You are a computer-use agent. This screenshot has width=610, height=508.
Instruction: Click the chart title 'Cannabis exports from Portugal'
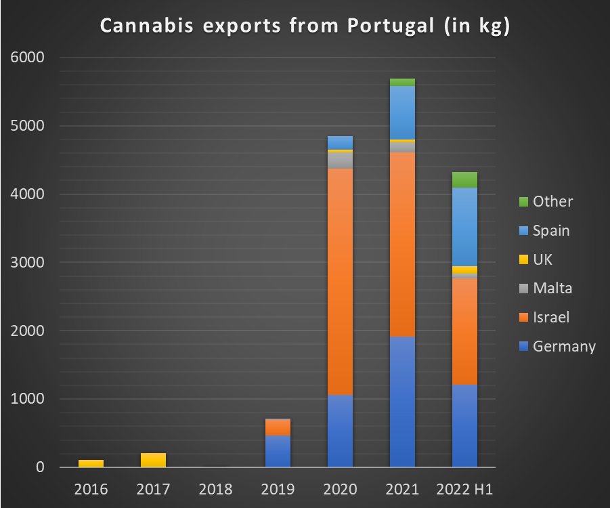click(305, 26)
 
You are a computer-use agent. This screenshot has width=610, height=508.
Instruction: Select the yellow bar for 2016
click(91, 463)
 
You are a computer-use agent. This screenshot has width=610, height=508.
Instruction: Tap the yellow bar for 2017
click(153, 460)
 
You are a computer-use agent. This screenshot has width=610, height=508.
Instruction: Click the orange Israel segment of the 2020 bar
click(340, 281)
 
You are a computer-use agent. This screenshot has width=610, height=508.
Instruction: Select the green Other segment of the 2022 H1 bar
click(464, 179)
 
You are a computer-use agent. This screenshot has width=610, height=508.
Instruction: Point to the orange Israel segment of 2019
click(278, 427)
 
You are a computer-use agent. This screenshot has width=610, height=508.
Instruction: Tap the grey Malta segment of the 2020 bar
click(340, 161)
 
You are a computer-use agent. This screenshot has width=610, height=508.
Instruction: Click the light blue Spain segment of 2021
click(402, 112)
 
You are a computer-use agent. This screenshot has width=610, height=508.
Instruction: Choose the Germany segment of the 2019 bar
click(278, 451)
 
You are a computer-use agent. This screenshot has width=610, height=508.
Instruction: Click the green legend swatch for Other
click(523, 202)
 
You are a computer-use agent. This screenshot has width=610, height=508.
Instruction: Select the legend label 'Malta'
click(552, 289)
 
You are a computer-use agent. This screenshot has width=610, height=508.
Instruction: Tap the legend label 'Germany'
click(564, 347)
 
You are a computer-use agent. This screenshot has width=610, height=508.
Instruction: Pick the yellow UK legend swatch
click(523, 260)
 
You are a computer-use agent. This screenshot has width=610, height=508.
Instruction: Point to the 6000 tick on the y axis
click(28, 58)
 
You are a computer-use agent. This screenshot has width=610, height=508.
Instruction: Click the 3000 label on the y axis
click(28, 263)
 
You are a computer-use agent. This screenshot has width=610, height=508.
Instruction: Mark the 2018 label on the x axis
click(215, 489)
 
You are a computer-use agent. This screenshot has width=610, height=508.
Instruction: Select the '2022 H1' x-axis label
click(464, 489)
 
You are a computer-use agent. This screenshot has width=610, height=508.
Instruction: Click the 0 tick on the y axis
click(40, 467)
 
